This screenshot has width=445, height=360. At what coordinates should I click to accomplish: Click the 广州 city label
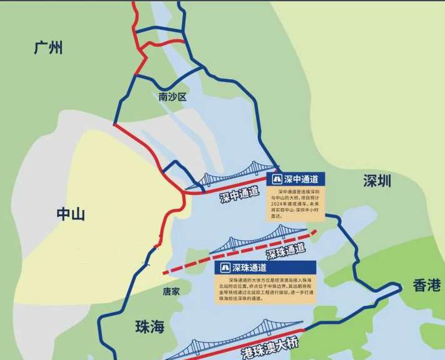(x=48, y=47)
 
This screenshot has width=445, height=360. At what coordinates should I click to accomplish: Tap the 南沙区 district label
(x=173, y=97)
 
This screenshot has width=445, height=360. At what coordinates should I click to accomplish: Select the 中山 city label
(x=71, y=214)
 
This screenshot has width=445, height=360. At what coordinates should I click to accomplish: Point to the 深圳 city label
(x=377, y=181)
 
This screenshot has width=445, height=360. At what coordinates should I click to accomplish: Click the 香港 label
(x=427, y=286)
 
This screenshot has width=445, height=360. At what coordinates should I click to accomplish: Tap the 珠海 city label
(x=150, y=326)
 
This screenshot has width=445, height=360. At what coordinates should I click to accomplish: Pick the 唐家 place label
(x=171, y=291)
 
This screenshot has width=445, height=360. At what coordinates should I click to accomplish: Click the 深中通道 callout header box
(x=295, y=179)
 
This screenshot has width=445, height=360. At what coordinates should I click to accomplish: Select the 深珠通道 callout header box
(x=264, y=267)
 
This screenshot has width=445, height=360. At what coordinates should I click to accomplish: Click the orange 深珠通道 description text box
(x=264, y=290)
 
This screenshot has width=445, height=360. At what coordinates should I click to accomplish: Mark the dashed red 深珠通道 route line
(x=188, y=265)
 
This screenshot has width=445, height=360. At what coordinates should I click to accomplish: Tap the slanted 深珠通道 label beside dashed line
(x=285, y=251)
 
